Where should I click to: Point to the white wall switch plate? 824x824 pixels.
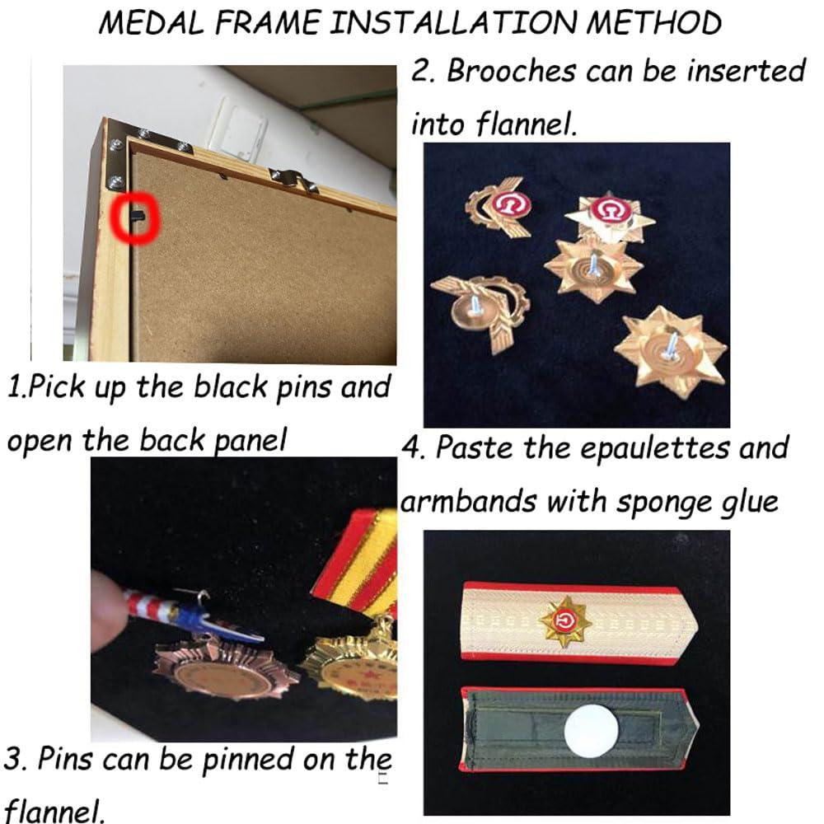[x=241, y=128]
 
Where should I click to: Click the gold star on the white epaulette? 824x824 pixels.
[x=564, y=621]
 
